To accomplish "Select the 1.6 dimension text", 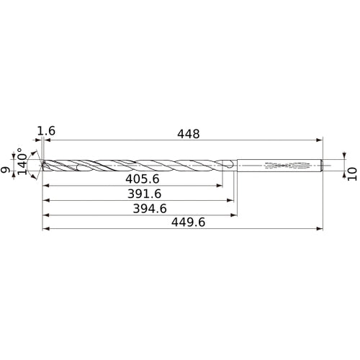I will click(x=46, y=131).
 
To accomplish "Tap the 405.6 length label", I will click(x=132, y=179).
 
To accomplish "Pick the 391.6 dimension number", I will click(x=132, y=194).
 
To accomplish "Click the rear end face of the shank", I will click(x=322, y=166).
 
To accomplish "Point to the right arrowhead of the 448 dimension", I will click(x=319, y=140).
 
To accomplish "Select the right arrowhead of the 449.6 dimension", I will click(x=319, y=229).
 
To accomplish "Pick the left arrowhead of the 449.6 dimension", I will click(x=45, y=229).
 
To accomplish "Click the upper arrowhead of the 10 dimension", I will click(x=344, y=154).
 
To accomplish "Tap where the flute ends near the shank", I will click(x=229, y=166).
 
